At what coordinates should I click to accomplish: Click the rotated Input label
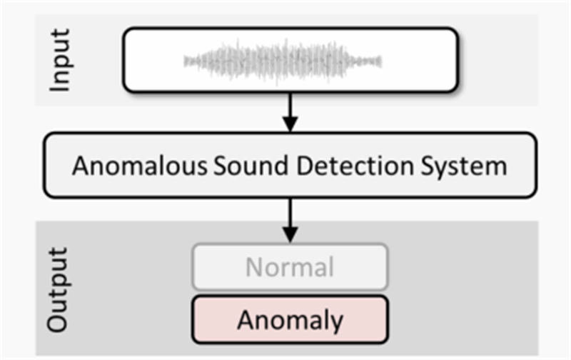tap(62, 60)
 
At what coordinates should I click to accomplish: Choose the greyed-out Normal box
tap(289, 267)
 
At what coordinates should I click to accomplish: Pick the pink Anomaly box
tap(289, 318)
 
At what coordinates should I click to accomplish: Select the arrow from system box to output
tap(288, 219)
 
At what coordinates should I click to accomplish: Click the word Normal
tap(289, 267)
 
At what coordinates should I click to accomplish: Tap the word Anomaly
tap(289, 319)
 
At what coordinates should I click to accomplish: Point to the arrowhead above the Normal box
tap(288, 234)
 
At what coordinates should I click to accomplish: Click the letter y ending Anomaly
tap(335, 321)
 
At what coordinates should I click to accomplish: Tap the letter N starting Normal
tap(253, 267)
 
